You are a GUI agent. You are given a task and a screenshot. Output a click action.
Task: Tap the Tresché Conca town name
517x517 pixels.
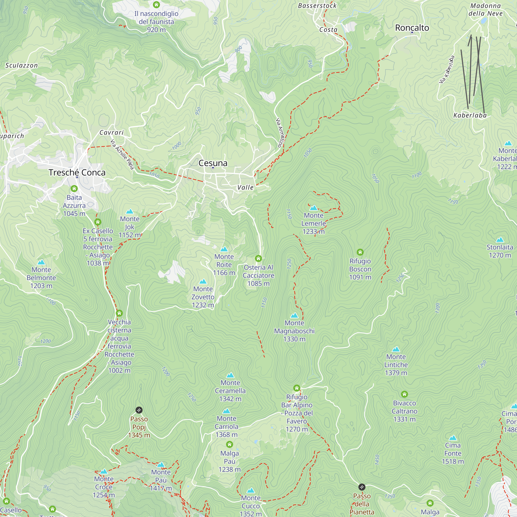point(77,172)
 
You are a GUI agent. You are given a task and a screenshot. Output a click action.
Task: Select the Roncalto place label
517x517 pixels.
point(412,28)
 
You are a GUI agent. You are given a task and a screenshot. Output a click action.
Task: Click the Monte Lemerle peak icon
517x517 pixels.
point(313,208)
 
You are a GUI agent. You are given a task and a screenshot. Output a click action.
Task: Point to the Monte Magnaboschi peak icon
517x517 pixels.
point(294,315)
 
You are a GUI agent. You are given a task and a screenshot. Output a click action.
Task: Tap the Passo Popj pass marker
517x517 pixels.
point(139,410)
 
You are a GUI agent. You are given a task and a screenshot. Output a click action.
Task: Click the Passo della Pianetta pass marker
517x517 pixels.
point(362,487)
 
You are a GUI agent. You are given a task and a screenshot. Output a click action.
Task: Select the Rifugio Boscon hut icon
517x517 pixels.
point(360,252)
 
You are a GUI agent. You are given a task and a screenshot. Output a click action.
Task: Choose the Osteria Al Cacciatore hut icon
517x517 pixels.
point(258,258)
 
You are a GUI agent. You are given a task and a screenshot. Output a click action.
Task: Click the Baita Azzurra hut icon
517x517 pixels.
point(74,188)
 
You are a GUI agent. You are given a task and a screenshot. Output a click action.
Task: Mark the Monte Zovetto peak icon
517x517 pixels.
point(203,282)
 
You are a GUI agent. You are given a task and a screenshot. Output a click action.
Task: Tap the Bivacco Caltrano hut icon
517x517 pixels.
point(404,394)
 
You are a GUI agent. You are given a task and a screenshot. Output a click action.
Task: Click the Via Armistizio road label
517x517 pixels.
point(280,132)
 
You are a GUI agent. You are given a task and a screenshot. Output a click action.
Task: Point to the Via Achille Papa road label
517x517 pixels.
point(122,155)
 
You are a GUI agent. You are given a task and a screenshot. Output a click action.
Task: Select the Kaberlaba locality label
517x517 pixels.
point(470,115)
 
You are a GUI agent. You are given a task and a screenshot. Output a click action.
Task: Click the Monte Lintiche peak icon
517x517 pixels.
point(396,349)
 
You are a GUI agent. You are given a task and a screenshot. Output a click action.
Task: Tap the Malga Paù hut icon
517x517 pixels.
point(229,444)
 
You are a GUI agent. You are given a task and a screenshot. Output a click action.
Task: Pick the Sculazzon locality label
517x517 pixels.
point(21,65)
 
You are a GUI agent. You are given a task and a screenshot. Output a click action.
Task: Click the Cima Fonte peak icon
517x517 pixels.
point(453,438)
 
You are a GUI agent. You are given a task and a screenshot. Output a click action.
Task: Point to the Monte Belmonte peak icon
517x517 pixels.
point(41,262)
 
